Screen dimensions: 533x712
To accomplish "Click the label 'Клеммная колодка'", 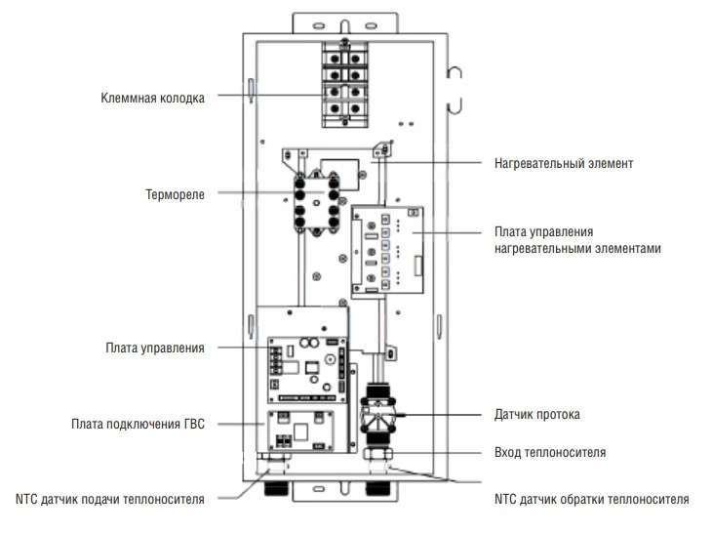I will pos(153,98).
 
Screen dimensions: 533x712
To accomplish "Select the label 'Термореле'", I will pos(176,194).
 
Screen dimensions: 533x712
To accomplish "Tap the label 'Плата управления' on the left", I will pos(155,348).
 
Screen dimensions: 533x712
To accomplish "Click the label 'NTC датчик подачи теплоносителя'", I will pos(108,499).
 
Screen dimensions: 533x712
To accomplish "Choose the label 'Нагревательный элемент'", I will pos(564,163).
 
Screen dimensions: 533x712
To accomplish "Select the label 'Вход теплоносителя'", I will pos(549,453).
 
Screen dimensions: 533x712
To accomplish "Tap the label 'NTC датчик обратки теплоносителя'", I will pos(592,499).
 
